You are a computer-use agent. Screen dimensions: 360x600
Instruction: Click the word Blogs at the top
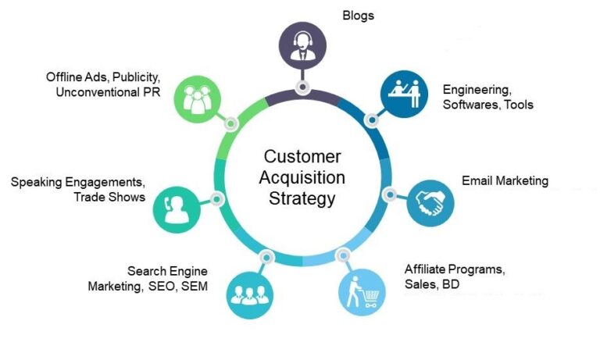tap(359, 15)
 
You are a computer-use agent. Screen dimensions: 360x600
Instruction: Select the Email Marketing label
tap(505, 181)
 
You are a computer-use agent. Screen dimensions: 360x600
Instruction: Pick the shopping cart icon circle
tap(362, 291)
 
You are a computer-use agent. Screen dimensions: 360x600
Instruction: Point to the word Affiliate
tap(427, 270)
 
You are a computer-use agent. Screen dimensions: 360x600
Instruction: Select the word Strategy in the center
tap(302, 198)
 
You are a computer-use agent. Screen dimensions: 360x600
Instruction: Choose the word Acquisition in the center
tap(302, 177)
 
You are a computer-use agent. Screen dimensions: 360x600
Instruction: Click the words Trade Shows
tap(109, 197)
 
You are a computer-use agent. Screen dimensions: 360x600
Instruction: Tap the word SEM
tap(192, 286)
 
